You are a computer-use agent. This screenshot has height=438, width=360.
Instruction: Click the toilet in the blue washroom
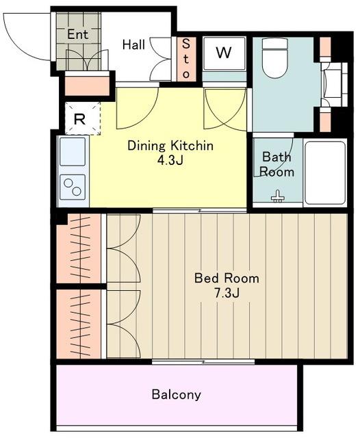[x=275, y=58]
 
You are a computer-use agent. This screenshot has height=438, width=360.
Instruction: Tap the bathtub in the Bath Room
[x=325, y=173]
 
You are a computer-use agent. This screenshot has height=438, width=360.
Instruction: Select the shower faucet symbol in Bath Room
[x=277, y=196]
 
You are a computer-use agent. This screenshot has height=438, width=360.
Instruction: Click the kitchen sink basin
[x=73, y=152]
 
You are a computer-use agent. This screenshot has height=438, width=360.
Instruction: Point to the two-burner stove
[x=73, y=187]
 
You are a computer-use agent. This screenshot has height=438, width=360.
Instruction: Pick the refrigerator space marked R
[x=82, y=118]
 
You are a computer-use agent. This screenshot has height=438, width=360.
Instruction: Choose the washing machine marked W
[x=224, y=53]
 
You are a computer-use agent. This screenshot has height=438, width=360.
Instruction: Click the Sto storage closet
[x=186, y=60]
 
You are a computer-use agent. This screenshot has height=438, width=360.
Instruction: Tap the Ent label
[x=78, y=34]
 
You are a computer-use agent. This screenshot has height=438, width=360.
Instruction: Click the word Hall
[x=133, y=44]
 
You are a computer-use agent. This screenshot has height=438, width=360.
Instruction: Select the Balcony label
[x=176, y=395]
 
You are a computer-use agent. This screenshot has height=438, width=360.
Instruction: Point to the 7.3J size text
[x=227, y=293]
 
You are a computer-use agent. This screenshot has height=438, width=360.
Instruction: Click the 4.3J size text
[x=170, y=160]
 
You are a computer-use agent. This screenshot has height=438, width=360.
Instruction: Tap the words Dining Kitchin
[x=170, y=146]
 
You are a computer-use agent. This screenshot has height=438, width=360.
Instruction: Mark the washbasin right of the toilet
[x=333, y=84]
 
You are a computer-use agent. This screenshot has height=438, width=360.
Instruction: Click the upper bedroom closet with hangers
[x=79, y=248]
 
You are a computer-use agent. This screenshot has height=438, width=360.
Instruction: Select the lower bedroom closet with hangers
[x=79, y=324]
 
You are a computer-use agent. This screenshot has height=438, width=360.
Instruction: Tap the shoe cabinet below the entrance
[x=87, y=86]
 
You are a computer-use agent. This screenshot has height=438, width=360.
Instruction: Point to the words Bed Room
[x=227, y=279]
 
